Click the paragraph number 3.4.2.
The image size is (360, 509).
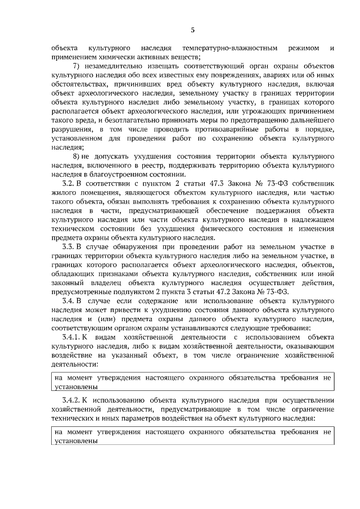(71, 400)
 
